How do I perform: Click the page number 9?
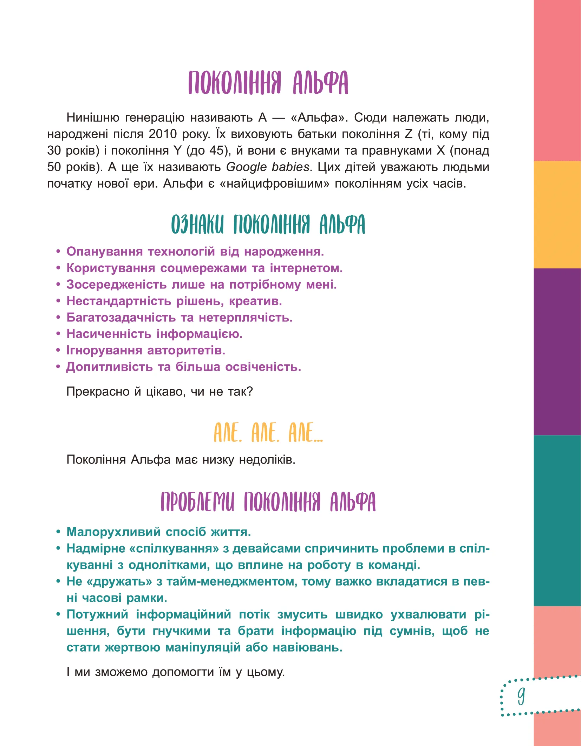[x=521, y=696]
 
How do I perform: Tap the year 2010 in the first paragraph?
[x=162, y=134]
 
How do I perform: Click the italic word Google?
[x=246, y=167]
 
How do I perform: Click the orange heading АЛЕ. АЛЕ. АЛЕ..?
[x=268, y=433]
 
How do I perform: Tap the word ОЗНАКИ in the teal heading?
[x=197, y=225]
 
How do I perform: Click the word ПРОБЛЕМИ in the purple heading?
[x=197, y=502]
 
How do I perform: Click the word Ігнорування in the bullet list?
[x=104, y=350]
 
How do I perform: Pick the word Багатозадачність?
[x=121, y=318]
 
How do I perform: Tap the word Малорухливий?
[x=113, y=532]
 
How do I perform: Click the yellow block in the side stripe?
[x=557, y=214]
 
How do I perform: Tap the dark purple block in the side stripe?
[x=557, y=352]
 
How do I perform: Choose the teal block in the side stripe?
[x=557, y=520]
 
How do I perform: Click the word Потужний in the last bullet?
[x=97, y=614]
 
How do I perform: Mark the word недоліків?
[x=267, y=460]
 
